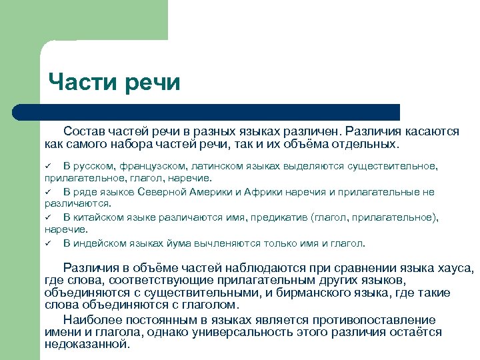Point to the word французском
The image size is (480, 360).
tap(150, 166)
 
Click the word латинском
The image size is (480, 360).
tap(218, 166)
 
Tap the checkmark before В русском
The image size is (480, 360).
tap(48, 166)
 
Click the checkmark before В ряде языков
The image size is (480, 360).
tap(48, 192)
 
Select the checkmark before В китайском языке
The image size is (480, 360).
tap(48, 217)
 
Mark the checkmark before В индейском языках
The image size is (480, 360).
tap(48, 243)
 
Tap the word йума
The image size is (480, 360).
tap(174, 243)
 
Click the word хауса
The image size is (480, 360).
tap(455, 268)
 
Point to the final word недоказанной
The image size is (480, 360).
tap(87, 345)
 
